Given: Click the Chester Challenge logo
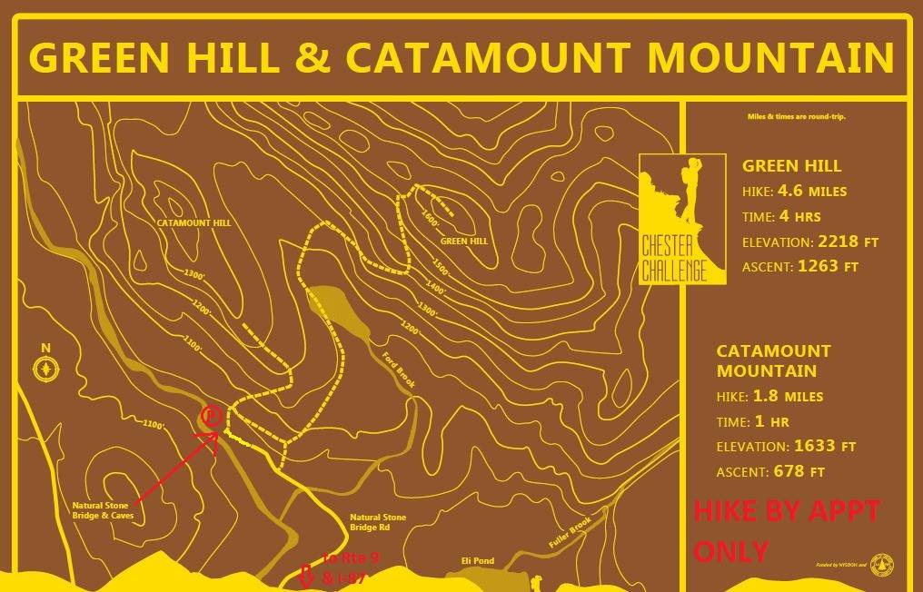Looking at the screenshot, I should click(x=681, y=219).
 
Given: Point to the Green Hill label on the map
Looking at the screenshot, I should click(x=464, y=242).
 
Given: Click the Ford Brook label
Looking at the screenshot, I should click(x=398, y=370).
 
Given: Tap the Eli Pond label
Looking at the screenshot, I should click(x=477, y=561).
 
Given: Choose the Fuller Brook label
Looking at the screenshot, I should click(x=570, y=531).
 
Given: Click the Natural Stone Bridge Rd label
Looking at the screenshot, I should click(x=378, y=522).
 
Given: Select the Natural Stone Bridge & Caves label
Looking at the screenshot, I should click(x=104, y=510).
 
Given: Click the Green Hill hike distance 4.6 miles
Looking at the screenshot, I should click(x=809, y=192).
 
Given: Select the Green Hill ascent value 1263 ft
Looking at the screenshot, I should click(x=827, y=267).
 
